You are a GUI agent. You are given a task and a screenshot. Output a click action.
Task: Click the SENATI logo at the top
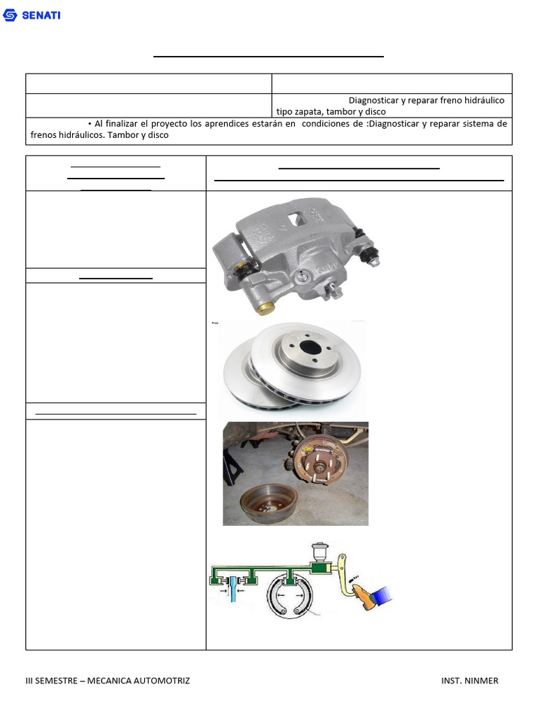pos(32,15)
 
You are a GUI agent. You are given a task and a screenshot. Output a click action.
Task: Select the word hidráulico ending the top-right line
pos(483,100)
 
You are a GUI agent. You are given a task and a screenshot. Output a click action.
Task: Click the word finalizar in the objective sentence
pos(123,123)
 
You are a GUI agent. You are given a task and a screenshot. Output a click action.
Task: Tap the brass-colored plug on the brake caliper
pos(266,308)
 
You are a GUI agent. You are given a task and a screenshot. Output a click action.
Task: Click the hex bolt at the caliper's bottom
pos(336,292)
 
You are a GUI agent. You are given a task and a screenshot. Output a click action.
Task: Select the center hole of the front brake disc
pos(310,347)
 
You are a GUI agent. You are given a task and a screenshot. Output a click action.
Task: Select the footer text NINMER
pos(481,681)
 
